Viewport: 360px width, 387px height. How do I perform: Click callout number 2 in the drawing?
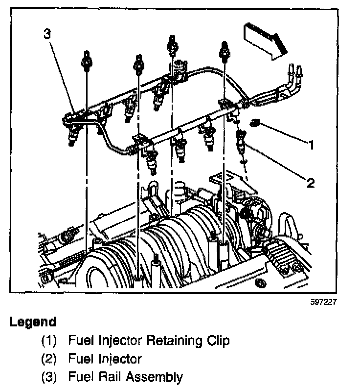(310, 183)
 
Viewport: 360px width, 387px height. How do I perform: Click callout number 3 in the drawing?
(47, 34)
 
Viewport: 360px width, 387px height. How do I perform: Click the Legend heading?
(33, 322)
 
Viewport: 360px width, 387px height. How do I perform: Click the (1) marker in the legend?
(49, 340)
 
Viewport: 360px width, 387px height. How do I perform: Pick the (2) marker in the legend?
(49, 359)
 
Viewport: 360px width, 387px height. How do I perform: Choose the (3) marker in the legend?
(49, 377)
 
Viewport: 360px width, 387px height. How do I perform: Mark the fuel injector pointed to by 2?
(241, 142)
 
